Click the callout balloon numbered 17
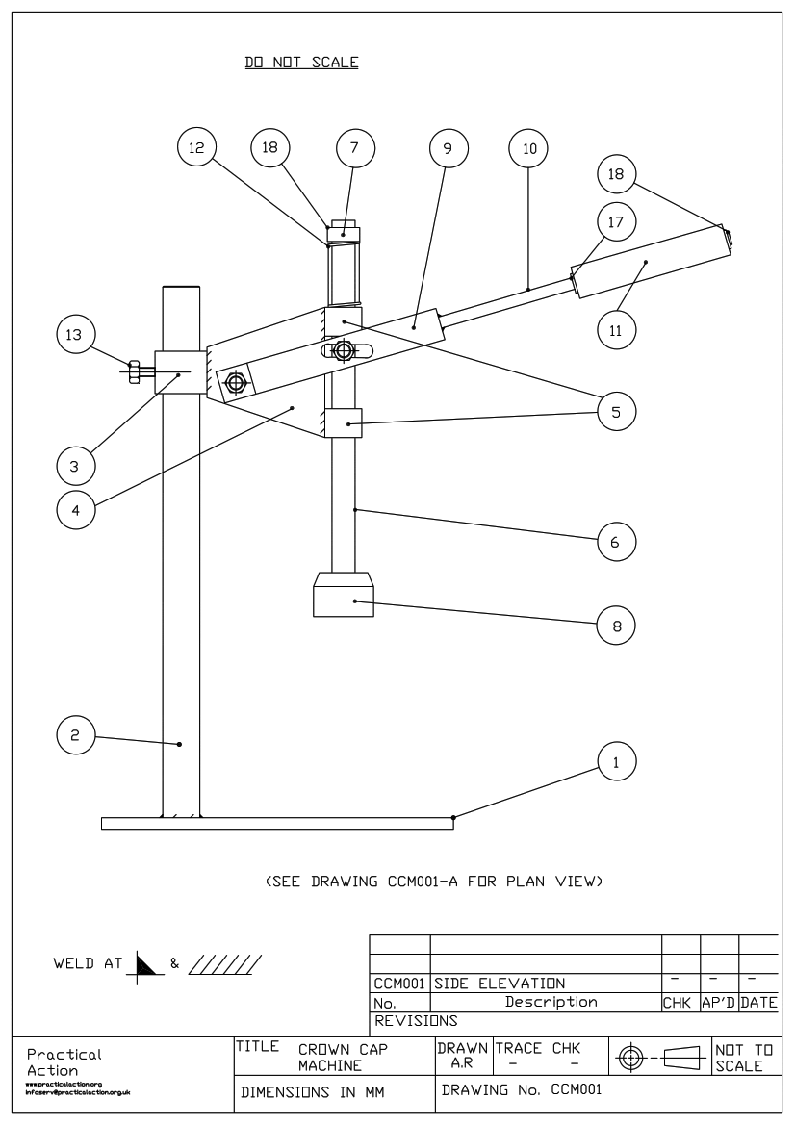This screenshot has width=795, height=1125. (616, 221)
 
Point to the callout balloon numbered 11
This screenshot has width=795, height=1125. (616, 329)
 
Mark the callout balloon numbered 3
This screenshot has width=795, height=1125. (73, 466)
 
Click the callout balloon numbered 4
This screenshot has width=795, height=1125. (73, 509)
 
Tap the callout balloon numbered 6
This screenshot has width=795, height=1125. (616, 542)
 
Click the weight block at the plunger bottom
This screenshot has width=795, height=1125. (344, 595)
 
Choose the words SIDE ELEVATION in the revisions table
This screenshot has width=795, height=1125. (500, 984)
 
